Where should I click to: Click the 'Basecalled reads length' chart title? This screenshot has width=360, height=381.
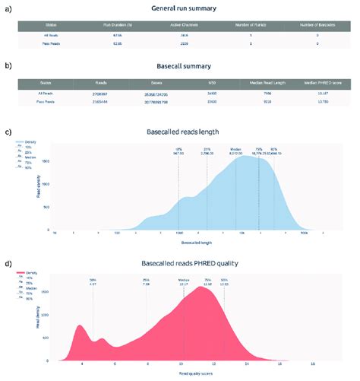[x=184, y=132]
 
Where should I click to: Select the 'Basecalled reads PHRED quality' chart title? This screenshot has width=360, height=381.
[x=184, y=263]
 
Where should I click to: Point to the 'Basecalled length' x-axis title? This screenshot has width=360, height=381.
[x=184, y=243]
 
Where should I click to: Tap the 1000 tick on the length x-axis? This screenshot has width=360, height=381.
[x=178, y=234]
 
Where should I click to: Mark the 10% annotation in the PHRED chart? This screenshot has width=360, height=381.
[x=93, y=281]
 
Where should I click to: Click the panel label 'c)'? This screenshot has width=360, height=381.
[x=8, y=131]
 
